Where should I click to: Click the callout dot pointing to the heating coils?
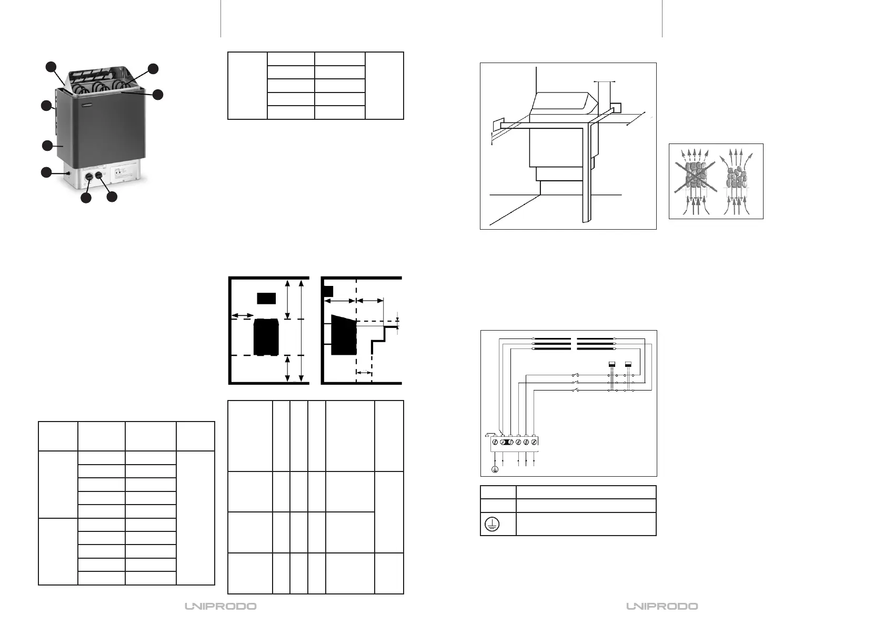coord(153,69)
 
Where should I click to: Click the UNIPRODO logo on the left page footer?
coord(220,607)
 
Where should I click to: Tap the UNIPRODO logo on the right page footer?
coord(662,607)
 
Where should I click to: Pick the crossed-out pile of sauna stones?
coord(695,176)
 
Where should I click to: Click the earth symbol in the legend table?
coord(493,525)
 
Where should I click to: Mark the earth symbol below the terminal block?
coord(495,469)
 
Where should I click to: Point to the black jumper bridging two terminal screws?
coord(506,443)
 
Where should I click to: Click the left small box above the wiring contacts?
coord(612,364)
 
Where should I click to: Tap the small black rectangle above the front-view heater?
coord(266,298)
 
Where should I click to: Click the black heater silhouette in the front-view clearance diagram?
coord(267,337)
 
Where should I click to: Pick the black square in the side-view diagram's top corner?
coord(327,291)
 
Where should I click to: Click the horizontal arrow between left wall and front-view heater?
coord(243,315)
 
